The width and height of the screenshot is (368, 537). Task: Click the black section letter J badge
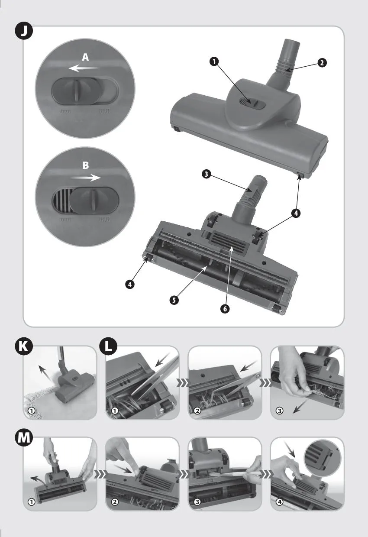coord(23,32)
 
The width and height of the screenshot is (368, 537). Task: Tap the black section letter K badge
coord(24,348)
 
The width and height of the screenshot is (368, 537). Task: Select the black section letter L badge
coord(108,348)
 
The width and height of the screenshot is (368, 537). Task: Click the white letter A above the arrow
coord(85,57)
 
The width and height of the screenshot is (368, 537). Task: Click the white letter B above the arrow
coord(86,165)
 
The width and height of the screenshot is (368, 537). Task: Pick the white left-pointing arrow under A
coord(83,68)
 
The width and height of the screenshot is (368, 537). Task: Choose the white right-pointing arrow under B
coord(86,178)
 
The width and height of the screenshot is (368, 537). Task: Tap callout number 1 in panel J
coord(214,61)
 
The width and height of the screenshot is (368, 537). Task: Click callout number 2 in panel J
coord(322,63)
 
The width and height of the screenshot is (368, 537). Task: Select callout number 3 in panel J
coord(206,174)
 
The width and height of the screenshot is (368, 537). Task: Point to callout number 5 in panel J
coord(174,300)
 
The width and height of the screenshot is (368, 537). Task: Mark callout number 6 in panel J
coord(225,309)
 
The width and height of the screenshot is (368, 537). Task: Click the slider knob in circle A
coord(77,91)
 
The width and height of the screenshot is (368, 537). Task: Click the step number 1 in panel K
coord(32,411)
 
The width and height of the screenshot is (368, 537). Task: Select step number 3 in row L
coord(279,411)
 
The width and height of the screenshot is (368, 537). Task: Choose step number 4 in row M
coord(280,502)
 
